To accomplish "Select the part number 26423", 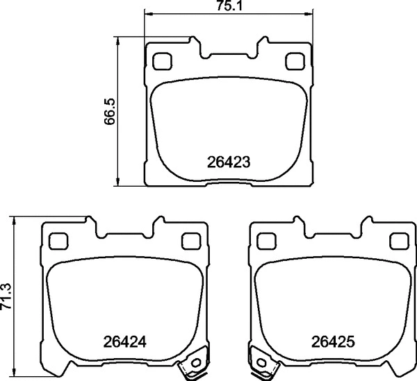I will [x=228, y=163].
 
